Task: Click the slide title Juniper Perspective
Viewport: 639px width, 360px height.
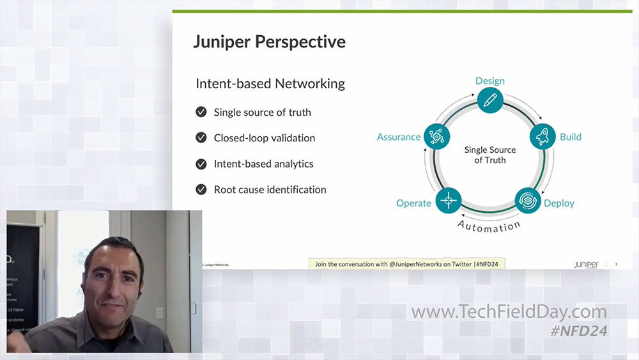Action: tap(269, 42)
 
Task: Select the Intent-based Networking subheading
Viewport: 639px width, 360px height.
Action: tap(270, 84)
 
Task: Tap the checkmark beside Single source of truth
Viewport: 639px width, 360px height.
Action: tap(201, 112)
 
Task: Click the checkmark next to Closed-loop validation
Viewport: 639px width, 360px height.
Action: tap(201, 137)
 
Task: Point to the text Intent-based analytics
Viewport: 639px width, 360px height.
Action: tap(263, 164)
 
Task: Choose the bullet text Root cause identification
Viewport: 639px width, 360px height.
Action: tap(270, 189)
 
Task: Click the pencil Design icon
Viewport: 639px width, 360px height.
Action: tap(490, 100)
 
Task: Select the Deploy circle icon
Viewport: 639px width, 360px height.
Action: tap(528, 200)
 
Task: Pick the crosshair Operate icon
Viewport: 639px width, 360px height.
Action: tap(448, 200)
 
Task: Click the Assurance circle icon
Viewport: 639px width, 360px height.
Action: tap(437, 137)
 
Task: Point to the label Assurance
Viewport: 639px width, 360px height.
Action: tap(399, 137)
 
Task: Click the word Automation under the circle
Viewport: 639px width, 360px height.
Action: tap(489, 225)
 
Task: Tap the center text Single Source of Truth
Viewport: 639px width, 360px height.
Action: tap(490, 155)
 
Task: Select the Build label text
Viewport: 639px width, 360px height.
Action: tap(571, 137)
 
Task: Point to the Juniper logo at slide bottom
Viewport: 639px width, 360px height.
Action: tap(586, 263)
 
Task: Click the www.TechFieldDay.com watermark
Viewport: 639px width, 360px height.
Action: tap(509, 311)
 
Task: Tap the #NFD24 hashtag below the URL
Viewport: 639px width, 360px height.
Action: tap(579, 331)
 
